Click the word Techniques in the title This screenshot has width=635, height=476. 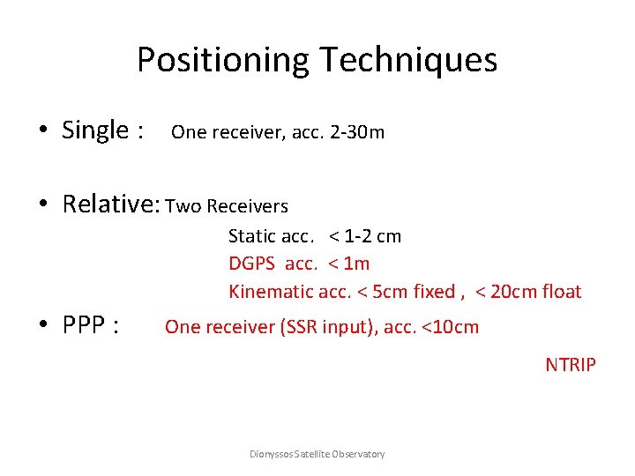pyautogui.click(x=409, y=60)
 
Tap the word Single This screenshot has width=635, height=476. pyautogui.click(x=95, y=130)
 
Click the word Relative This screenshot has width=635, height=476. pyautogui.click(x=110, y=204)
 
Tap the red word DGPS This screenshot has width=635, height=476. pyautogui.click(x=252, y=264)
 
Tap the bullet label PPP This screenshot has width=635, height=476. pyautogui.click(x=90, y=326)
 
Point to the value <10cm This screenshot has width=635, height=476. pyautogui.click(x=450, y=327)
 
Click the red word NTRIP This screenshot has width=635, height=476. pyautogui.click(x=571, y=364)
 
